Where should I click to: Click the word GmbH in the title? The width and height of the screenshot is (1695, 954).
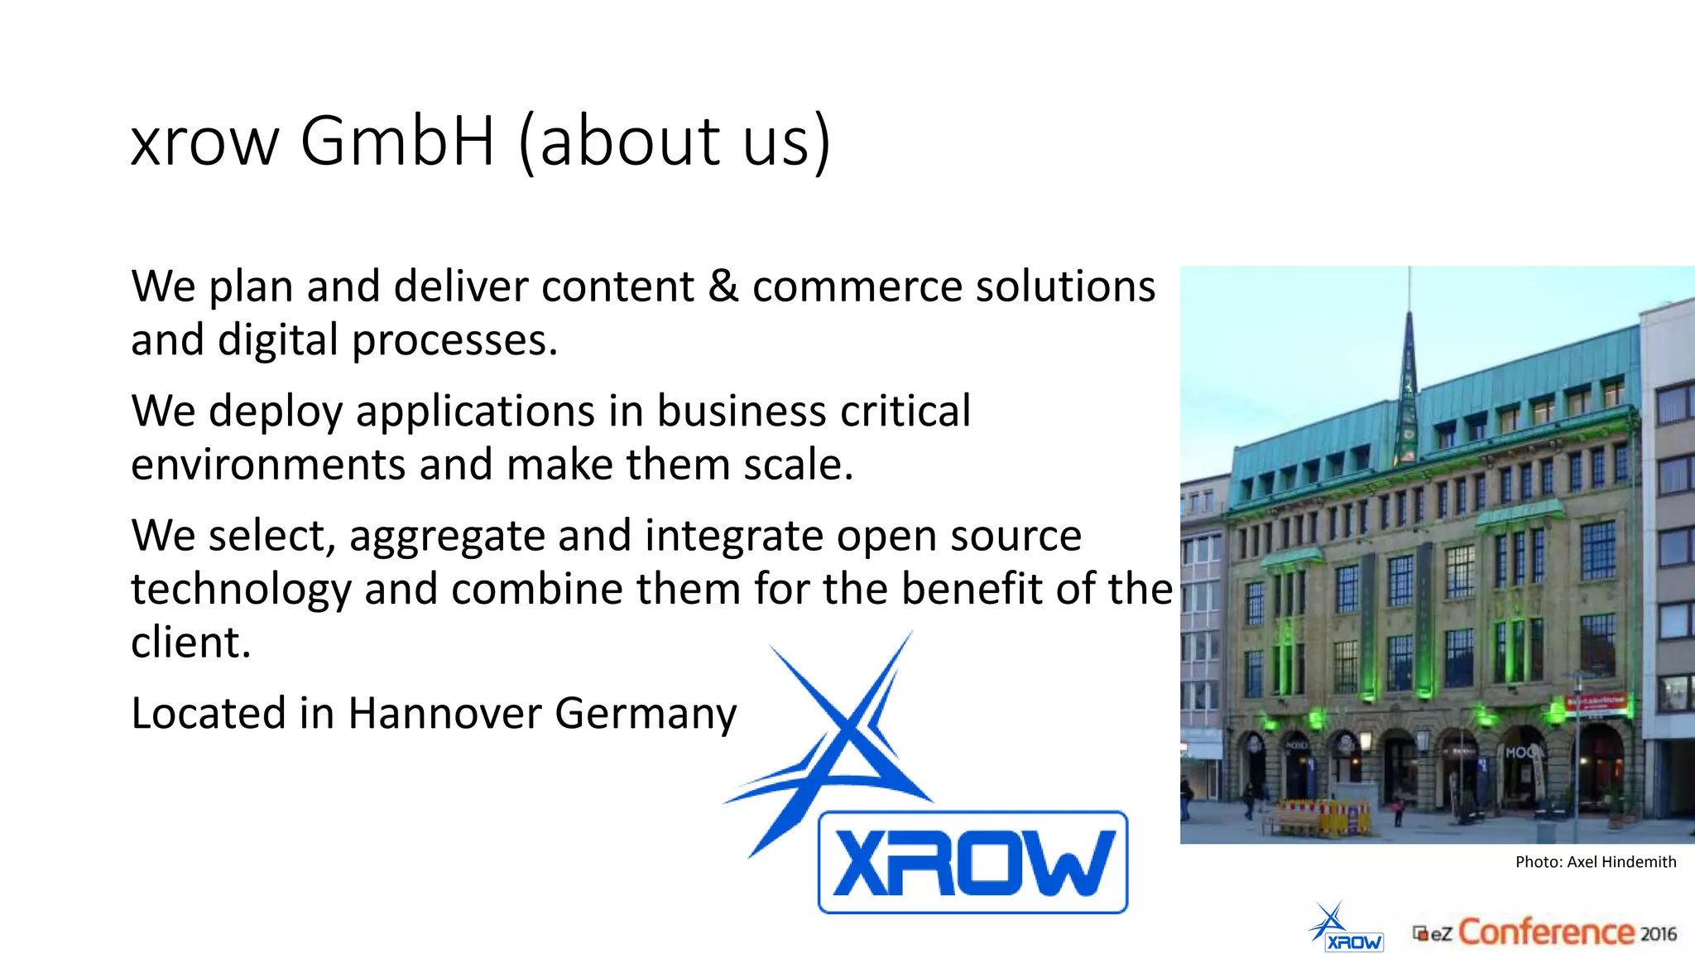click(397, 141)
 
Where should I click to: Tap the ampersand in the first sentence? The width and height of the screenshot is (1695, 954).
click(723, 287)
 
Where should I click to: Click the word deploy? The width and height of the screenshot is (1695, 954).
click(276, 412)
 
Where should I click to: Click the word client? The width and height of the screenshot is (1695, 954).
click(190, 643)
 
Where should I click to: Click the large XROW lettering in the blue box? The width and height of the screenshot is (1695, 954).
click(972, 863)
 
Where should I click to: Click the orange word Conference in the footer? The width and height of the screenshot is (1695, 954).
click(1546, 932)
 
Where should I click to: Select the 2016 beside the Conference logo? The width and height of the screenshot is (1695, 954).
click(1659, 934)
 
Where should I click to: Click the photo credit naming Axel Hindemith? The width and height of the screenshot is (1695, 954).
click(1595, 862)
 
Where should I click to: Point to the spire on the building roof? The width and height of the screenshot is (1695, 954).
click(1409, 364)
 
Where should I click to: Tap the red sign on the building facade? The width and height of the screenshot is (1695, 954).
click(1595, 703)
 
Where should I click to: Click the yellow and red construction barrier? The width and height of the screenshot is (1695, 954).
click(1324, 815)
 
